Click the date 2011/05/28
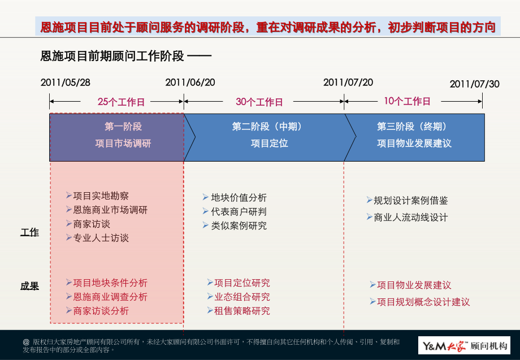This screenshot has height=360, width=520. (66, 83)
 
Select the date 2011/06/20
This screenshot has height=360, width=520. (190, 83)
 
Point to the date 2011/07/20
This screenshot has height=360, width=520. (348, 83)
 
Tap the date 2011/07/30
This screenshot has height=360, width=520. (475, 84)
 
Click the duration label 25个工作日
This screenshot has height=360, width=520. (121, 102)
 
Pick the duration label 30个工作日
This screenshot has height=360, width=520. (259, 102)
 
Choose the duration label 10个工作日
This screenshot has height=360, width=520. (407, 102)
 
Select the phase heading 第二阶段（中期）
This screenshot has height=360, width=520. (267, 127)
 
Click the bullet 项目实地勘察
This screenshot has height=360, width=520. (101, 196)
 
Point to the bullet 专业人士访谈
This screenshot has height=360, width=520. (101, 238)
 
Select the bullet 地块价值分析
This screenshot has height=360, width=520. (239, 198)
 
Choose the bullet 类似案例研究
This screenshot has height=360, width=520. (239, 225)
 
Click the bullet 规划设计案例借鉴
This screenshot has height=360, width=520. (411, 201)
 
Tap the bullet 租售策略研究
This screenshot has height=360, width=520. (242, 311)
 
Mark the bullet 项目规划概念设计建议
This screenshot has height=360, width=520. (423, 302)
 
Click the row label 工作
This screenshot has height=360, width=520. (29, 232)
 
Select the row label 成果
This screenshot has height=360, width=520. (29, 286)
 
